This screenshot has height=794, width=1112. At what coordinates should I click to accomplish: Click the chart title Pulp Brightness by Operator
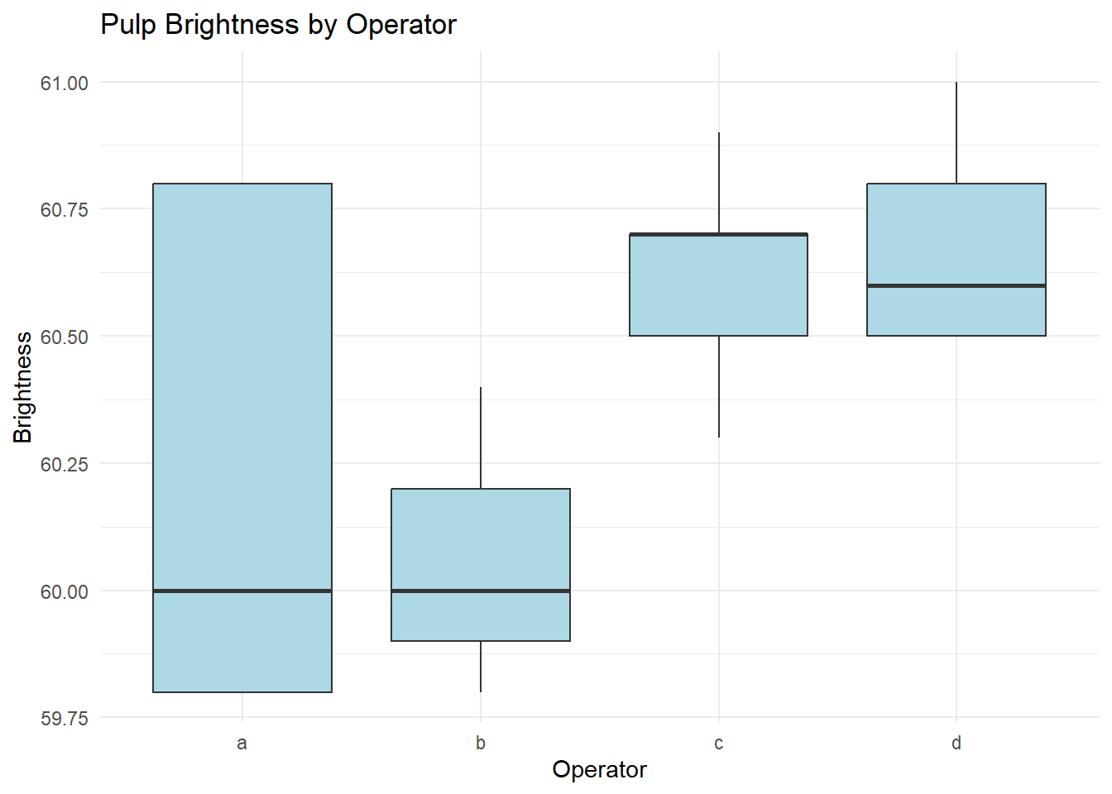[x=278, y=25]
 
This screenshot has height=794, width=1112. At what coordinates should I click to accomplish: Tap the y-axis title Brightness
[x=23, y=387]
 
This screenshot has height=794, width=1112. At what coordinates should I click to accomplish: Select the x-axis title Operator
[x=599, y=769]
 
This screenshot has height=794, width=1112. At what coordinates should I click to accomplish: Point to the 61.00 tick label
[x=65, y=83]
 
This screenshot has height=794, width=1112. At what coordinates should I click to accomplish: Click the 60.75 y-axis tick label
[x=65, y=210]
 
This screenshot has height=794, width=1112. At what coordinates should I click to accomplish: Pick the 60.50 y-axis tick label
[x=65, y=337]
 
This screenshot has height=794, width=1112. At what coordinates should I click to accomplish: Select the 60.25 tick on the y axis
[x=65, y=464]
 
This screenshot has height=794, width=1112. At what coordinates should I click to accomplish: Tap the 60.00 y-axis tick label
[x=65, y=591]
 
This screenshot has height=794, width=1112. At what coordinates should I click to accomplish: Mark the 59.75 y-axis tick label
[x=65, y=718]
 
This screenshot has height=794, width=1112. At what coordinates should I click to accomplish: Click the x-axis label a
[x=242, y=743]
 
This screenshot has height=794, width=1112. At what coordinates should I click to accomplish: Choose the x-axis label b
[x=481, y=743]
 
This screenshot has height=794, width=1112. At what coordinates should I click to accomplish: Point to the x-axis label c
[x=718, y=743]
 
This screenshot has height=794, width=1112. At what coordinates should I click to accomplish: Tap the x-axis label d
[x=956, y=743]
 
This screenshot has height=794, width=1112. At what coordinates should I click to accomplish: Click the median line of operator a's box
[x=242, y=591]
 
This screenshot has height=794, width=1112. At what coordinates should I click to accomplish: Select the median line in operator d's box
[x=956, y=285]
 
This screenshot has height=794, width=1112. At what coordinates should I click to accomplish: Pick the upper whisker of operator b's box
[x=481, y=438]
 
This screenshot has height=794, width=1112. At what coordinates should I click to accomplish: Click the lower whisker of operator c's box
[x=719, y=386]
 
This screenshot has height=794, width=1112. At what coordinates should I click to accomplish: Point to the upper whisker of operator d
[x=956, y=132]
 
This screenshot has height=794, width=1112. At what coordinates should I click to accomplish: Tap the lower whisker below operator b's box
[x=481, y=667]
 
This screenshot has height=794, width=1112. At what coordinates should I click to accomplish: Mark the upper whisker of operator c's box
[x=719, y=183]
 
